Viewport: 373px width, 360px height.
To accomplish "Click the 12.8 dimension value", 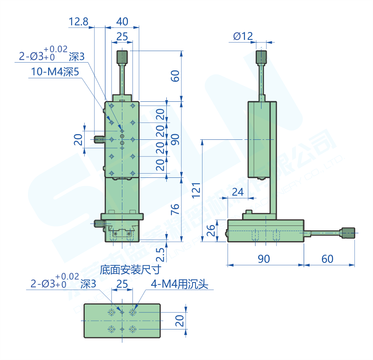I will point(78,22).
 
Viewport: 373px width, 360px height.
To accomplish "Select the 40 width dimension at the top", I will point(122,22).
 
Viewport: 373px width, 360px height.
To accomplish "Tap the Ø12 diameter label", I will point(243,36).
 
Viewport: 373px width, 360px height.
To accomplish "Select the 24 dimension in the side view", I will point(238,192).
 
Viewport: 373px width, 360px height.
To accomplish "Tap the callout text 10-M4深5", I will point(55,72).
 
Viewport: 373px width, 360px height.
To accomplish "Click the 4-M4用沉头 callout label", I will point(179,285).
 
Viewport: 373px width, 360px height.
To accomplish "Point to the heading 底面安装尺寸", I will point(130,269).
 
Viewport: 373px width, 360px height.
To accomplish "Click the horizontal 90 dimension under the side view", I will point(264,259).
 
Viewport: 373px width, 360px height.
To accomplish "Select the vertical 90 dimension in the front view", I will point(175,139).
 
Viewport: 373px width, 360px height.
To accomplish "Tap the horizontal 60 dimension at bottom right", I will point(327,259).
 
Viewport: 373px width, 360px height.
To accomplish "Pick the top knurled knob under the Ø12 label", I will point(261,57).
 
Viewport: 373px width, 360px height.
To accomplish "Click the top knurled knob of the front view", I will point(122,57).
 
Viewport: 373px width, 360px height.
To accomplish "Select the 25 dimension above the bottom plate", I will point(122,284).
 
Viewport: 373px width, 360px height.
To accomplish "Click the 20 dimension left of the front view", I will point(78,140).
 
